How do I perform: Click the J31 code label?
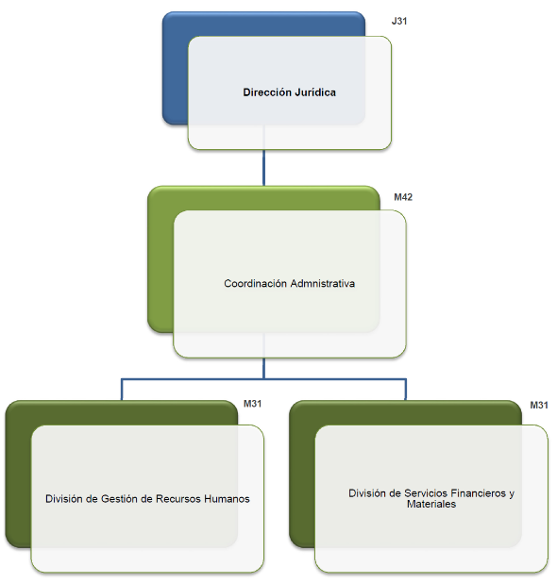(x=398, y=21)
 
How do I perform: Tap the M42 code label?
(x=403, y=197)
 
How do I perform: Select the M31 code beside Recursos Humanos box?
(x=252, y=404)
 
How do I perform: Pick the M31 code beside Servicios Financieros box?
(x=539, y=405)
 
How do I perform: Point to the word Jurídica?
(x=312, y=92)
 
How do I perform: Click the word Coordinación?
(x=255, y=283)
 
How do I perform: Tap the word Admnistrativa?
(x=323, y=283)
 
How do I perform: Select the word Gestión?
(x=119, y=499)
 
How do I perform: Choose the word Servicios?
(x=426, y=493)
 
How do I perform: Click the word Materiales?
(x=431, y=504)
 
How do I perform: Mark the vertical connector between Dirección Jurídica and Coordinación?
(x=263, y=167)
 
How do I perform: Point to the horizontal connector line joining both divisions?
(x=263, y=379)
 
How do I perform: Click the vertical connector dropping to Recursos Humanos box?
(x=121, y=390)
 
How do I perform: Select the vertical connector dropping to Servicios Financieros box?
(x=406, y=390)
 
